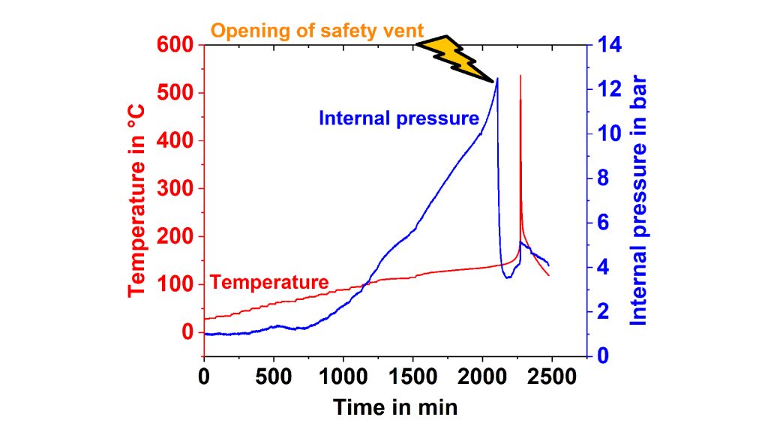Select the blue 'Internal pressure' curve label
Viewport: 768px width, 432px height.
(x=398, y=118)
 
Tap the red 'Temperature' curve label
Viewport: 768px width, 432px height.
(x=269, y=282)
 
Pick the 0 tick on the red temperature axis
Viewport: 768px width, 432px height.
(x=187, y=331)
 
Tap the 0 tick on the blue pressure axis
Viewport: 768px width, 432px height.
(x=601, y=355)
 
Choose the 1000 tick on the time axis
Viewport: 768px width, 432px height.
(x=343, y=375)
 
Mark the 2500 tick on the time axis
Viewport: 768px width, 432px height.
(x=551, y=375)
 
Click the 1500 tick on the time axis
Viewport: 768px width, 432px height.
(x=412, y=375)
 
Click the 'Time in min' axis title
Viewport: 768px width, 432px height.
(x=394, y=407)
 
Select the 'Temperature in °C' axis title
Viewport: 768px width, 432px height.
(x=138, y=199)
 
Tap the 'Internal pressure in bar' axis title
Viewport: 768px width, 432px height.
(x=637, y=199)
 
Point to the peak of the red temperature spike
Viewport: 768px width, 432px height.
(x=520, y=76)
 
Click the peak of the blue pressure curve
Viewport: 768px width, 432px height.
(x=497, y=79)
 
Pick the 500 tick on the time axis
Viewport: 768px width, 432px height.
(x=273, y=375)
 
